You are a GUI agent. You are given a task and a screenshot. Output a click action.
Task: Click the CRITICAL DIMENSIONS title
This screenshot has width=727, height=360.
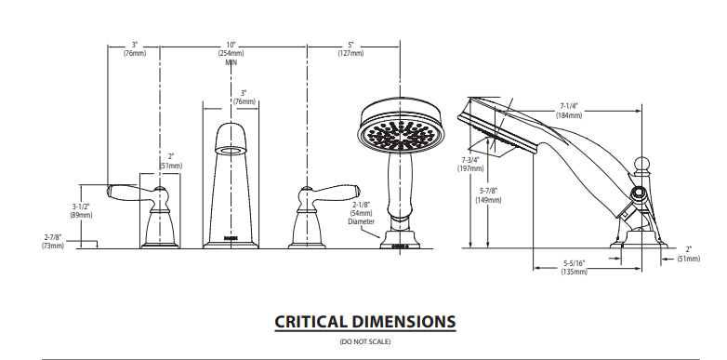pyautogui.click(x=364, y=322)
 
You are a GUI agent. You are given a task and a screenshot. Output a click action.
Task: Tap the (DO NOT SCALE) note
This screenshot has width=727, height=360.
pyautogui.click(x=364, y=342)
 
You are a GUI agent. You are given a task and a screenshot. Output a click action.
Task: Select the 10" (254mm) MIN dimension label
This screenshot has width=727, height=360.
pyautogui.click(x=231, y=53)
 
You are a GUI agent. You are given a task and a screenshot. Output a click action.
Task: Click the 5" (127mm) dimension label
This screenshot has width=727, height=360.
pyautogui.click(x=350, y=49)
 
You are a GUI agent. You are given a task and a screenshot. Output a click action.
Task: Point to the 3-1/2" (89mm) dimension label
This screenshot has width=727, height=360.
pyautogui.click(x=81, y=210)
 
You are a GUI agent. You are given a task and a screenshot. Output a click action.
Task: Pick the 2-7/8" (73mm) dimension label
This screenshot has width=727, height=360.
pyautogui.click(x=52, y=241)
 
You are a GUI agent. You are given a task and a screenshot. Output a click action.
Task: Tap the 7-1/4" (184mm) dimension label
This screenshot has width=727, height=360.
pyautogui.click(x=569, y=111)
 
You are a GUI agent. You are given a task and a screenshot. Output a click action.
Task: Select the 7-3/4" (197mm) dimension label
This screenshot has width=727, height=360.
pyautogui.click(x=470, y=164)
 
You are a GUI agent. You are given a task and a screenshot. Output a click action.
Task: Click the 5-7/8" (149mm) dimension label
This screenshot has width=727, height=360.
pyautogui.click(x=488, y=195)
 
